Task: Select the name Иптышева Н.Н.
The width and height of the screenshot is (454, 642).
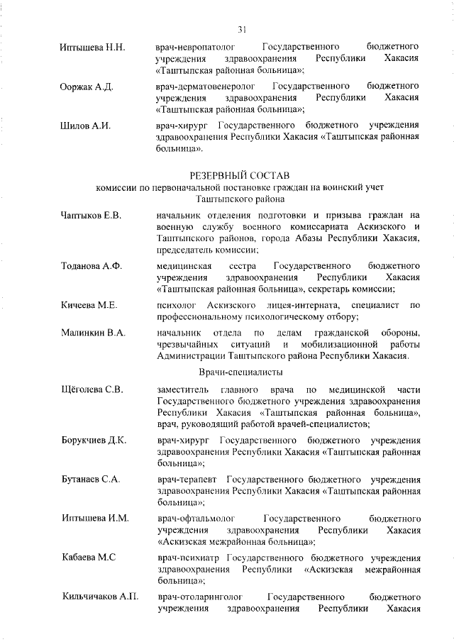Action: (x=93, y=48)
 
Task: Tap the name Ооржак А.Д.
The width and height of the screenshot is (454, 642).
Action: (x=88, y=87)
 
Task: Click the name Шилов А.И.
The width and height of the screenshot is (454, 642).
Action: (x=87, y=126)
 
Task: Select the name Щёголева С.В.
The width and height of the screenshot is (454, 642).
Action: (x=93, y=389)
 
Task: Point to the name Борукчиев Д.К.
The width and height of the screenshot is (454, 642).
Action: (x=94, y=440)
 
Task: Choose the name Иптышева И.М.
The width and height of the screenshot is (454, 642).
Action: (x=95, y=518)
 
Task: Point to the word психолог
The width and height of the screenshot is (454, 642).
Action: (x=178, y=305)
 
